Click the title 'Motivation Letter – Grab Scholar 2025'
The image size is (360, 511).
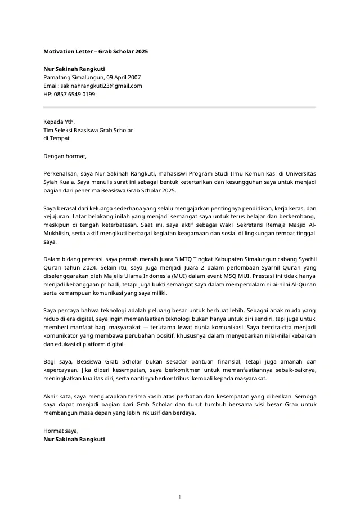(x=96, y=51)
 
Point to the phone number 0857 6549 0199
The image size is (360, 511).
(x=75, y=94)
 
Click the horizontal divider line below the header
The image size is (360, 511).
(x=179, y=107)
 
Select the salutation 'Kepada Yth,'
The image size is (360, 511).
(x=59, y=122)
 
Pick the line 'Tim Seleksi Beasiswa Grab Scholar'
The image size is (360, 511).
(x=88, y=130)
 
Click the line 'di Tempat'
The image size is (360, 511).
(x=56, y=138)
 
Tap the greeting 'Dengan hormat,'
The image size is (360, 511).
(x=65, y=156)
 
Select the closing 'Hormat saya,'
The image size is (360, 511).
(x=61, y=431)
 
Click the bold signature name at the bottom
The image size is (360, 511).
(x=74, y=439)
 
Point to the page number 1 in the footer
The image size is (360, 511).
(x=179, y=497)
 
